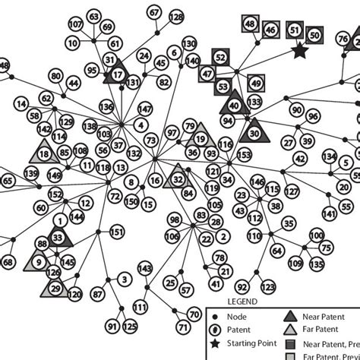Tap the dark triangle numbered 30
(254, 132)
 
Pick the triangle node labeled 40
(235, 105)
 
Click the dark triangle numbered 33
(58, 238)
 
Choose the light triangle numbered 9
(38, 263)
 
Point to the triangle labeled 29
(55, 288)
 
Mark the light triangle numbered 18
(44, 153)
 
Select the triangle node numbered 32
(178, 179)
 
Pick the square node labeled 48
(250, 25)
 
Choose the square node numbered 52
(220, 56)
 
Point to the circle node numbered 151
(117, 232)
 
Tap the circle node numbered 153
(245, 155)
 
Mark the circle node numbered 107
(75, 24)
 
